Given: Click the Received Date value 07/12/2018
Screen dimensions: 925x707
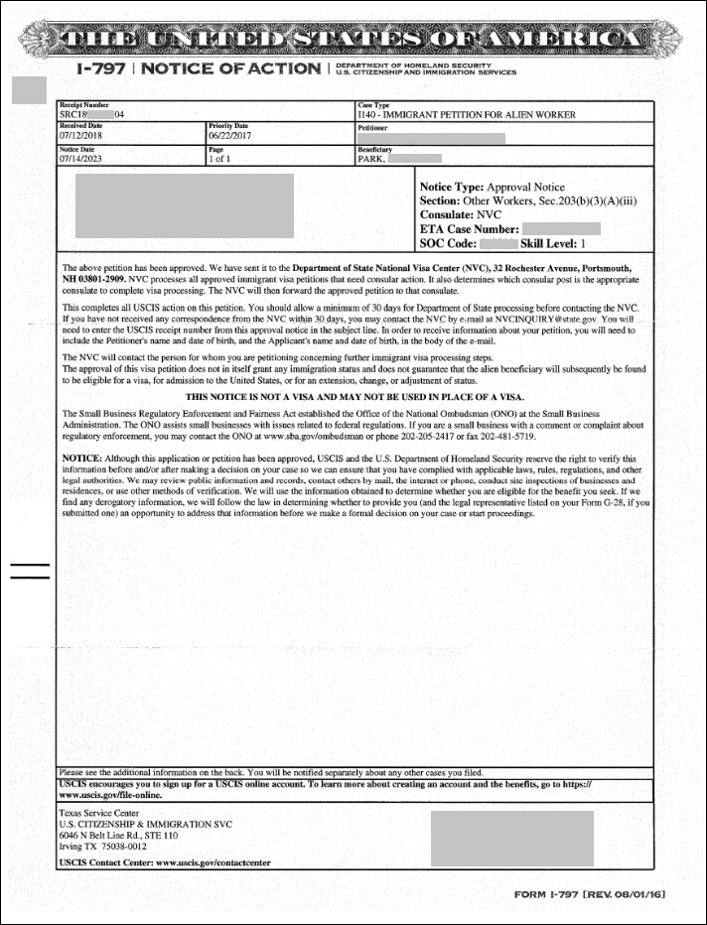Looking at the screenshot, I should point(80,136).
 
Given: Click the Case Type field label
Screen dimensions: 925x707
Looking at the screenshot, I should point(373,104).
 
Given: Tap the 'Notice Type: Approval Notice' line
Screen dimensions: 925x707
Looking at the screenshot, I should point(492,187).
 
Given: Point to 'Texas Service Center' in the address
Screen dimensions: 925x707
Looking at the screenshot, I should point(99,812).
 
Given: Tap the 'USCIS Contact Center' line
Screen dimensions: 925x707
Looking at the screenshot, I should point(165,862).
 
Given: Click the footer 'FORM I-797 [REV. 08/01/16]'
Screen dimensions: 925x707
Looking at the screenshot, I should point(589,894).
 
